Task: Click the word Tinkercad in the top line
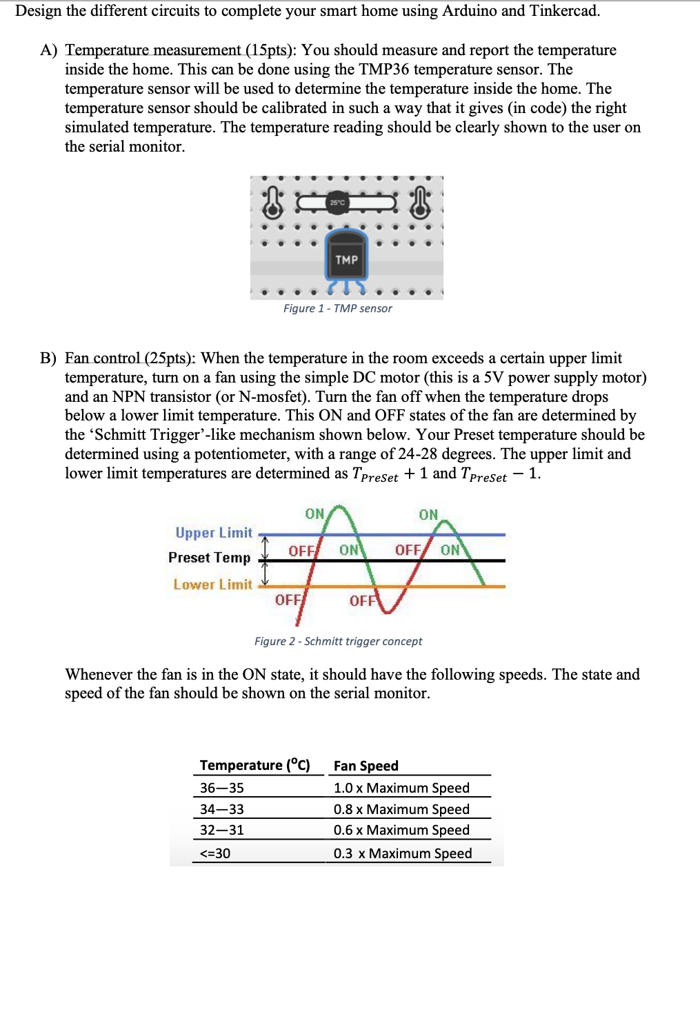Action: point(564,11)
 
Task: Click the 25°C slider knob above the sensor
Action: point(337,202)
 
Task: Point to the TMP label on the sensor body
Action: point(346,260)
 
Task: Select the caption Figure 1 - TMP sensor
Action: point(337,309)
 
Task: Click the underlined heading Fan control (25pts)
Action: point(130,358)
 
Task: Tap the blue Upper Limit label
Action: point(214,533)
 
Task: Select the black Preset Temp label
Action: point(209,558)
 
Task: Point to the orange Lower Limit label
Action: point(212,585)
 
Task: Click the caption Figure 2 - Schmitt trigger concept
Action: point(338,642)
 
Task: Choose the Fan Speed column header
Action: point(366,766)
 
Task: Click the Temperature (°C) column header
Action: point(254,765)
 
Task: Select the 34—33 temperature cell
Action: point(221,809)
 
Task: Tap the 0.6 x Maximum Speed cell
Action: point(401,830)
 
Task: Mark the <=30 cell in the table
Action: point(215,853)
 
